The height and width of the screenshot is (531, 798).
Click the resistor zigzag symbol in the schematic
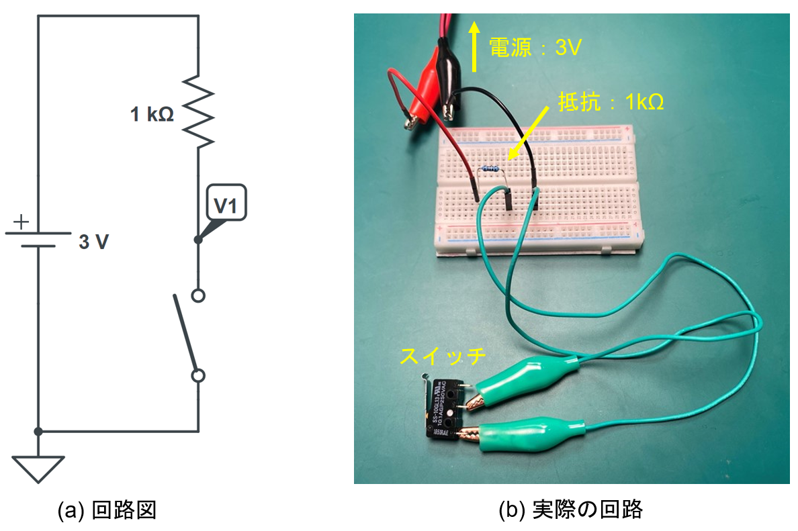click(199, 111)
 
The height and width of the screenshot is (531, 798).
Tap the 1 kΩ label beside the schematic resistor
click(152, 115)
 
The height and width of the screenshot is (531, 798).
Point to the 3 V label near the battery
click(93, 243)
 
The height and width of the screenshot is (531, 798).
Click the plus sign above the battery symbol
click(22, 221)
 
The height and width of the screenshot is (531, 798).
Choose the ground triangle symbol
click(38, 469)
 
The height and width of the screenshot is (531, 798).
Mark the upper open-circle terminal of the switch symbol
click(198, 295)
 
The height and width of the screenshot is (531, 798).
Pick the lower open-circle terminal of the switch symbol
click(198, 376)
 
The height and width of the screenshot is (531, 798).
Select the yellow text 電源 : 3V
click(534, 47)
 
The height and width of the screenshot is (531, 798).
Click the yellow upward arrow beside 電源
click(474, 46)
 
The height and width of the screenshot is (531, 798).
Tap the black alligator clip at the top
click(447, 74)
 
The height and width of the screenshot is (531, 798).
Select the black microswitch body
click(443, 409)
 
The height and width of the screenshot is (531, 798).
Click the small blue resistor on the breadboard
click(491, 170)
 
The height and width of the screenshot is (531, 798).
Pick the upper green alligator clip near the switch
click(531, 383)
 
